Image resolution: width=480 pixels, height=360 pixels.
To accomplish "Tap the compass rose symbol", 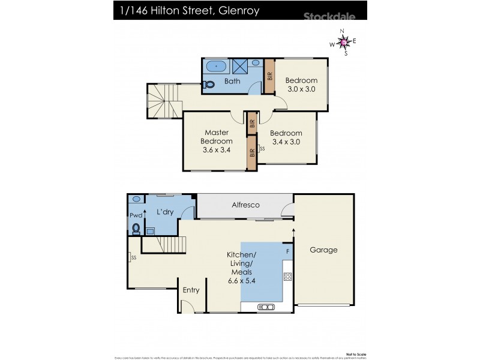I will point(343,42).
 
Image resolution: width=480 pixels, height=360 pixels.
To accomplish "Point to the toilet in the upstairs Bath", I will point(208,85).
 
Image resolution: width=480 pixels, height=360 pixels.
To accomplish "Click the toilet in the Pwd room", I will point(136,228).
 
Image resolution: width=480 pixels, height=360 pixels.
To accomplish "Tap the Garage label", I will point(323,250).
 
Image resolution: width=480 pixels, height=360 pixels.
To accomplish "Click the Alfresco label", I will point(246,205).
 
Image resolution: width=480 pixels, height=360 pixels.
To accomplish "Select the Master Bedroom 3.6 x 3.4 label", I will point(217,141).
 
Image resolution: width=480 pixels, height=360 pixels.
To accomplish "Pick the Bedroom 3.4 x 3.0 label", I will point(285,137).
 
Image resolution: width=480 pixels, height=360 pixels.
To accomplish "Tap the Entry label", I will point(191,290).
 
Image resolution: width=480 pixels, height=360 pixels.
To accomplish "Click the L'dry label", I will point(165,212).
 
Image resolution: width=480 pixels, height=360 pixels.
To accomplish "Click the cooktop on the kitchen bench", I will point(287,277).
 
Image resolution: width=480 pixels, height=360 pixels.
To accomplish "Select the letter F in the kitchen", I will point(287,250).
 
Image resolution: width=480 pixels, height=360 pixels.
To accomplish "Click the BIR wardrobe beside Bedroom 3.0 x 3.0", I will point(270,76).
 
